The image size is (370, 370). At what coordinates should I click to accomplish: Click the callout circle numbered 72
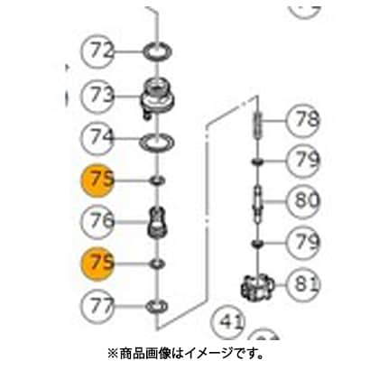[x=97, y=51]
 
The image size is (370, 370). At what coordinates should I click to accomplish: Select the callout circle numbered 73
[x=97, y=96]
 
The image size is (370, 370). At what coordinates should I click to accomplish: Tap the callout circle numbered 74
[x=97, y=138]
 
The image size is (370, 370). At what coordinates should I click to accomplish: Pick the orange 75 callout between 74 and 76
[x=97, y=180]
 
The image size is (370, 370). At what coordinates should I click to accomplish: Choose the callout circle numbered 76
[x=97, y=222]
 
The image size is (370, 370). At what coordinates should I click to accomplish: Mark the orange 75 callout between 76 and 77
[x=97, y=264]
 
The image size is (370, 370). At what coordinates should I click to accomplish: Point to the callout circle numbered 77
[x=97, y=306]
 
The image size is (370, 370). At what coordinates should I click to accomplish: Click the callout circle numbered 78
[x=303, y=121]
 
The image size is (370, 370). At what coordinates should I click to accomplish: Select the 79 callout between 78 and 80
[x=303, y=161]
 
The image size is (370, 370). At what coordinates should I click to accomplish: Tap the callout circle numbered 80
[x=303, y=201]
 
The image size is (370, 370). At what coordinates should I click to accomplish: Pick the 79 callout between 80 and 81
[x=303, y=242]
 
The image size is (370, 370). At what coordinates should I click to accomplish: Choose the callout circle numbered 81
[x=303, y=284]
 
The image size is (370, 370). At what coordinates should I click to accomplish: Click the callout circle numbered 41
[x=228, y=322]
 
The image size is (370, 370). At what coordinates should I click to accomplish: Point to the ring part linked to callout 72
[x=157, y=51]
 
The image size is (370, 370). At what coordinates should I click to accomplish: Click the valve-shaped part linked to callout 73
[x=157, y=97]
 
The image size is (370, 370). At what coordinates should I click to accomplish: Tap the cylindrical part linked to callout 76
[x=157, y=223]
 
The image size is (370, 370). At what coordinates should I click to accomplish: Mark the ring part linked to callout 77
[x=156, y=307]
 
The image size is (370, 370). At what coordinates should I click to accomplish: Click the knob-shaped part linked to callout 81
[x=258, y=285]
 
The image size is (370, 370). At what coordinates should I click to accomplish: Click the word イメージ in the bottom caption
[x=205, y=353]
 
